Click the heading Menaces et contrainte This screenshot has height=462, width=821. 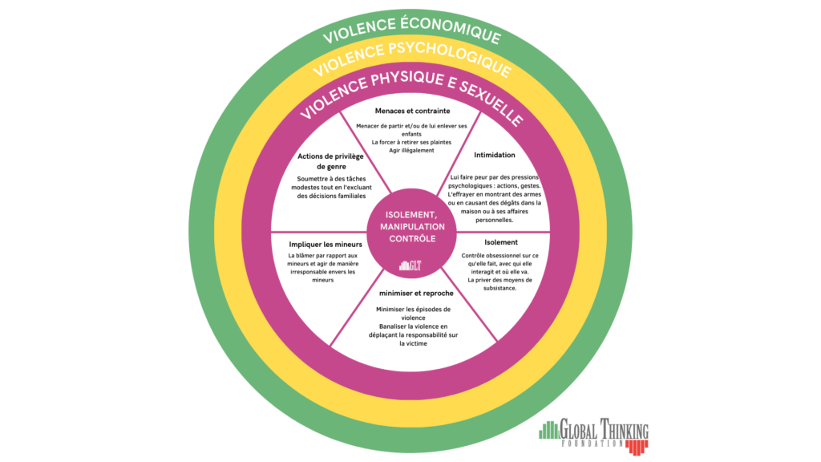(412, 111)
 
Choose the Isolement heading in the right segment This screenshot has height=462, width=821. (501, 241)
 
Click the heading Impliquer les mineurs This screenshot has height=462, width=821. (326, 243)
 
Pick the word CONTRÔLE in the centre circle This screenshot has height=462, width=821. (410, 239)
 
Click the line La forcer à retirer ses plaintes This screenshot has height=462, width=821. (411, 141)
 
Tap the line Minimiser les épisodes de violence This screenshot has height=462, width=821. (413, 313)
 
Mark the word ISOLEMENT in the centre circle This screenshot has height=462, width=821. (410, 214)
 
